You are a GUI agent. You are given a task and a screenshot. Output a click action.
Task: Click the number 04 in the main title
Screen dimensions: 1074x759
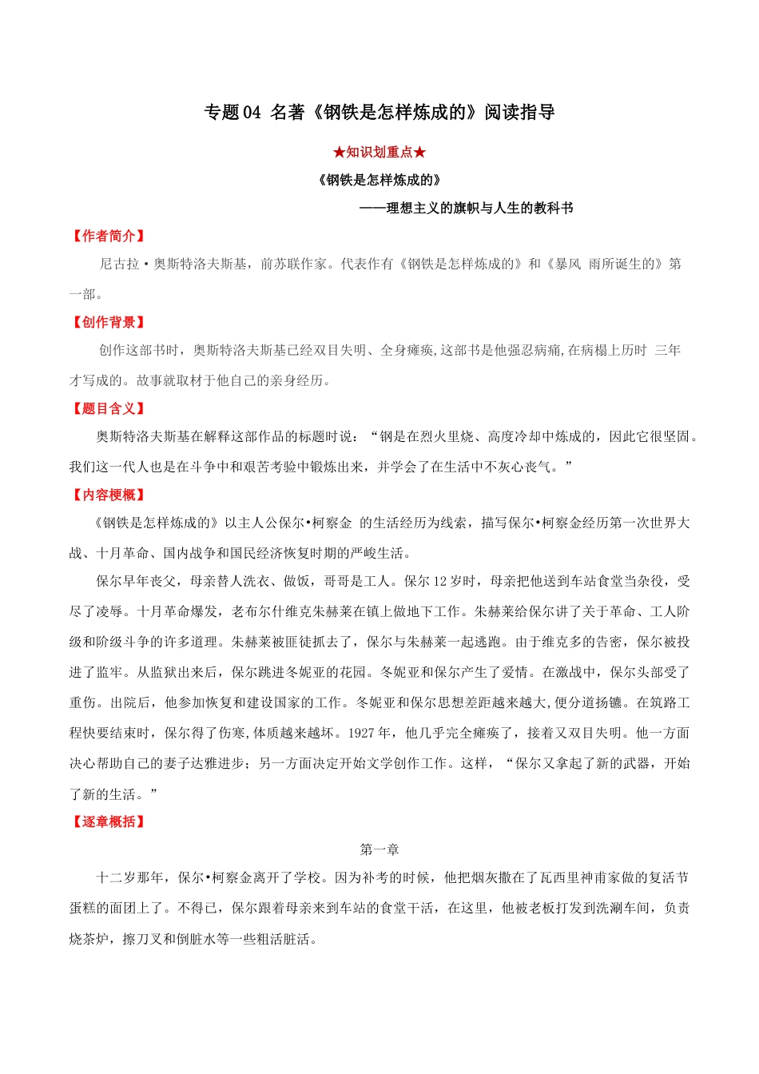pos(252,113)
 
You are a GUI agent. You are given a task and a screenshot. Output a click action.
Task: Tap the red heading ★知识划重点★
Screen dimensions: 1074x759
pos(379,152)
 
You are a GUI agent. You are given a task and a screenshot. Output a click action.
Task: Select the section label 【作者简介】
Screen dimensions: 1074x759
pos(109,236)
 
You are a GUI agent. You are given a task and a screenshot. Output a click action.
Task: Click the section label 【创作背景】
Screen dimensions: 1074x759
pos(109,322)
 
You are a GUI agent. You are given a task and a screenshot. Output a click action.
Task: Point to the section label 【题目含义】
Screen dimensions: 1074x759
pos(109,408)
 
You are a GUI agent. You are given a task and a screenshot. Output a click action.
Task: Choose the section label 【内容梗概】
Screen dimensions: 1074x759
pos(109,495)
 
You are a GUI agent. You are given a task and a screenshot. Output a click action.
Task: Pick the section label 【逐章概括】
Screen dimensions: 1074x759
pos(109,821)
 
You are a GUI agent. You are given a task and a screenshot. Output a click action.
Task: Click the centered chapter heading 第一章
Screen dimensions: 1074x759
pos(379,849)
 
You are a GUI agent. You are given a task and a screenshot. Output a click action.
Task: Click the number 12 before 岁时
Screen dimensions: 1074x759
pos(442,581)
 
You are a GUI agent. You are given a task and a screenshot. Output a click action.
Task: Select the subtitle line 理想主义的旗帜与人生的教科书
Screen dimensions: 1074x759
pos(479,208)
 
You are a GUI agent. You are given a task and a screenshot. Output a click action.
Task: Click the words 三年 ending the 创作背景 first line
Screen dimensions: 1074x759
pos(667,350)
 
